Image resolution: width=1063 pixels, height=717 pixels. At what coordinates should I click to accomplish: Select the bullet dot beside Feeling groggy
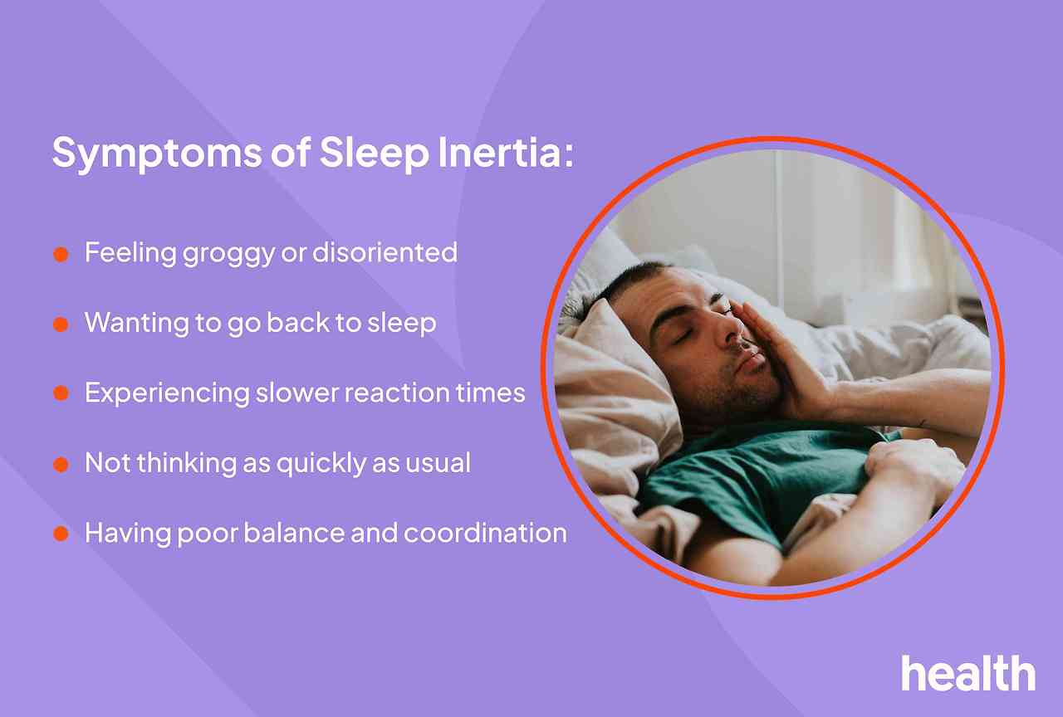(61, 254)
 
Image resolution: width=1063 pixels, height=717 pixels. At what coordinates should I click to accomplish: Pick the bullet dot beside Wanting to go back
(61, 324)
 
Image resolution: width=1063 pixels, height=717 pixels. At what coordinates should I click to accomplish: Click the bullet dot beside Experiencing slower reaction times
(61, 394)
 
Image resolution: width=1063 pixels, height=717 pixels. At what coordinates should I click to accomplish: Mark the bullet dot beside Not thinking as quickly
(61, 465)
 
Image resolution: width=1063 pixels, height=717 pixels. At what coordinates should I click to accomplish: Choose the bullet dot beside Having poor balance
(61, 534)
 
